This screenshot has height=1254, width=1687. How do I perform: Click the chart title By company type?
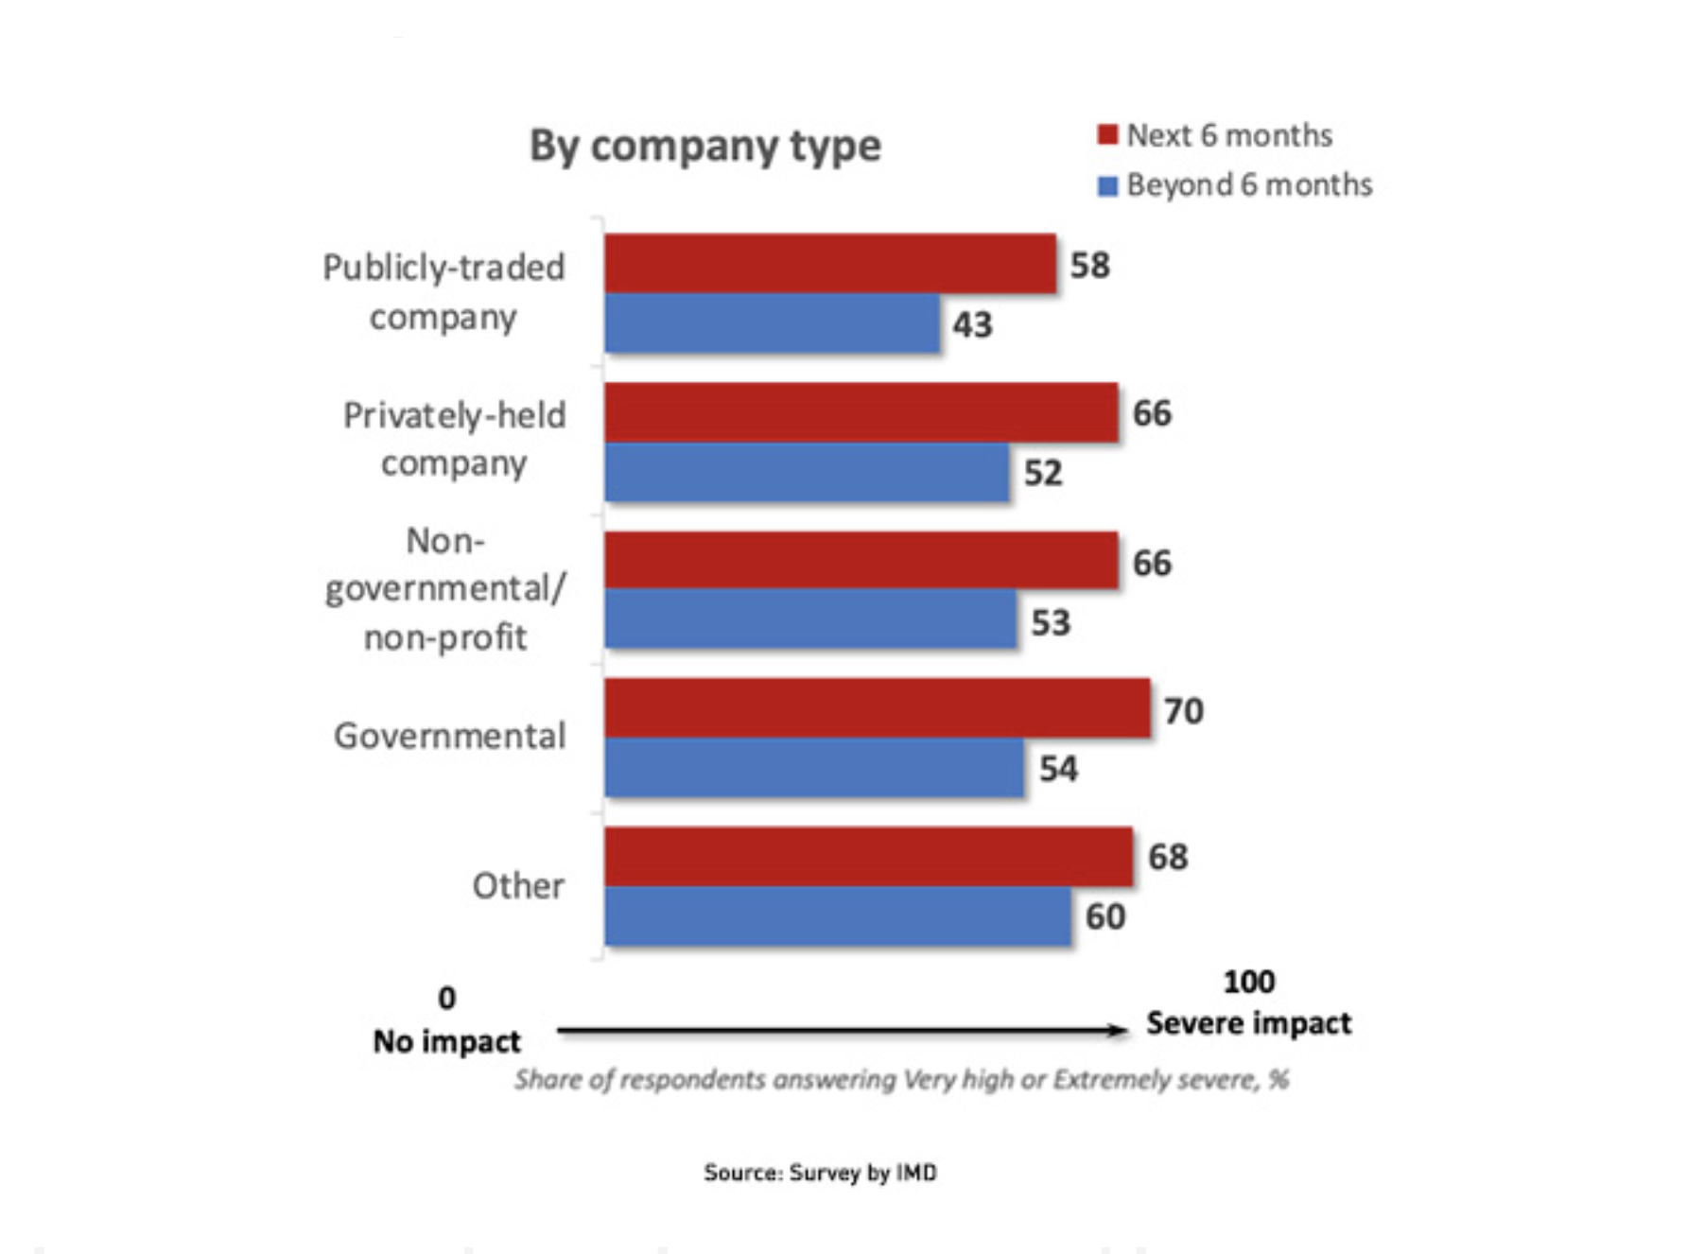[704, 147]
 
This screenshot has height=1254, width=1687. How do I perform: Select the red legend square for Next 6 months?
[1107, 135]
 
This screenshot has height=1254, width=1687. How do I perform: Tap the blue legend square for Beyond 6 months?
[1107, 185]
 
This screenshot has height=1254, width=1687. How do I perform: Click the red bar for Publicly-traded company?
[829, 264]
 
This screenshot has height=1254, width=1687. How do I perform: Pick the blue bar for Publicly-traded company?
[772, 323]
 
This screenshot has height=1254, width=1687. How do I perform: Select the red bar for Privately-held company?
[861, 412]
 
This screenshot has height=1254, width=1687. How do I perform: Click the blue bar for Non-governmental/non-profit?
[810, 619]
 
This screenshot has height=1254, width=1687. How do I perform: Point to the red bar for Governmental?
[877, 708]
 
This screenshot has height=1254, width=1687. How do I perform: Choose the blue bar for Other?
[837, 915]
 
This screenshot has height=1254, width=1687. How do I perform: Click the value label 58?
[1089, 266]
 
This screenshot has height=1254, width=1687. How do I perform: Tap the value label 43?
[972, 325]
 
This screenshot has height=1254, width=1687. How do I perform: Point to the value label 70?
[1183, 711]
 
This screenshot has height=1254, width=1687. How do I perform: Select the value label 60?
[1104, 916]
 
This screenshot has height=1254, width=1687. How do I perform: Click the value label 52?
[1043, 473]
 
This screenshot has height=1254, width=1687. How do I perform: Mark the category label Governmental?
[449, 736]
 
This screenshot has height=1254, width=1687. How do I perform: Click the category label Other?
[518, 886]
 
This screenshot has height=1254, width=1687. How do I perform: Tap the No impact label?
[446, 1041]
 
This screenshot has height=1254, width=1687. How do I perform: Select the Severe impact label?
[1248, 1023]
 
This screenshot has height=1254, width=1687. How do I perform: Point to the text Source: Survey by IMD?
[820, 1173]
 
